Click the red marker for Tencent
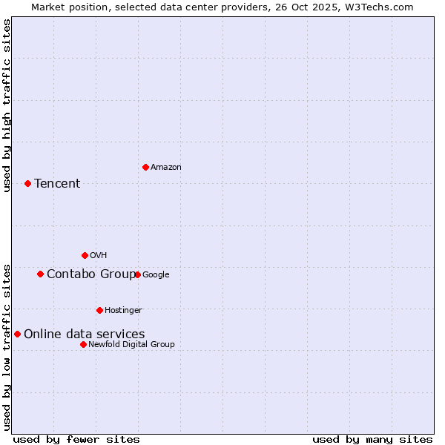coord(27,183)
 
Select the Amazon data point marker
coord(145,167)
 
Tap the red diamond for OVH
coord(85,255)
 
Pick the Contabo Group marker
coord(40,274)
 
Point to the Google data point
coord(137,274)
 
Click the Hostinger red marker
coord(99,310)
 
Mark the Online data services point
coord(17,334)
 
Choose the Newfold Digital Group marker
coord(83,344)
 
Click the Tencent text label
coord(57,184)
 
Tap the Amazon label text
coord(166,168)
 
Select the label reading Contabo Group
coord(91,274)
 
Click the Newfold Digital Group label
coord(131,344)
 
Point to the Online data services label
coord(85,334)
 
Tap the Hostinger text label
coord(123,310)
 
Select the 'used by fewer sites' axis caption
coord(76,439)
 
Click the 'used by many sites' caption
coord(372,439)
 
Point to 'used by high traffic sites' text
coord(7,105)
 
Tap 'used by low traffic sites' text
coord(7,346)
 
